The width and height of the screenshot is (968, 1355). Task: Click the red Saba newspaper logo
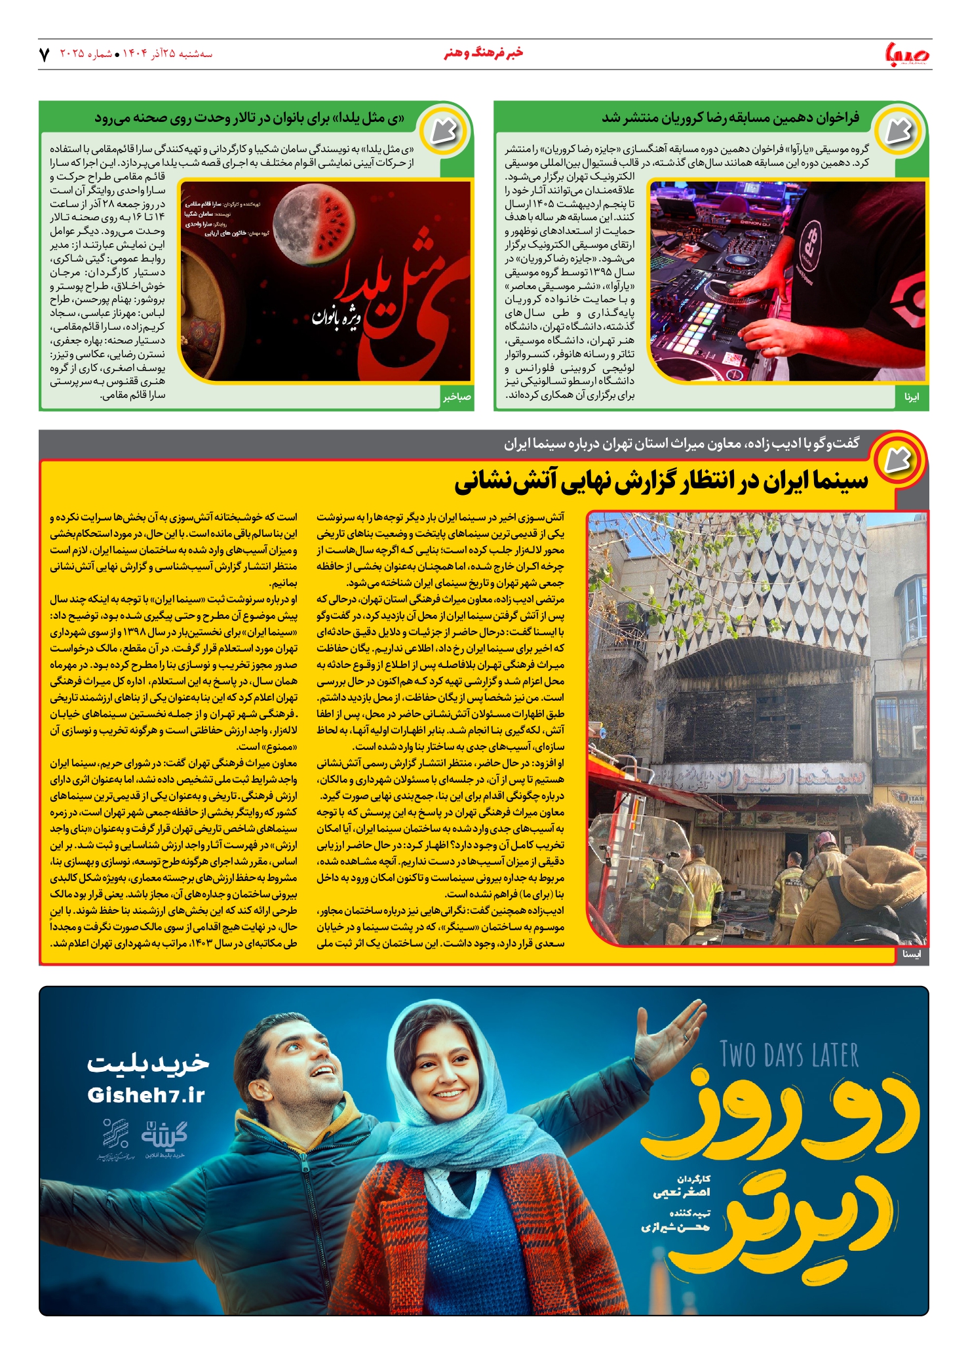pyautogui.click(x=907, y=53)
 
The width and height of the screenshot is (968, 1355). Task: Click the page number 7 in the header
pyautogui.click(x=45, y=54)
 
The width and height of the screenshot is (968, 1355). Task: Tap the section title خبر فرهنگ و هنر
pyautogui.click(x=483, y=52)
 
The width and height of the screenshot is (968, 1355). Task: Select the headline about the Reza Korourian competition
pyautogui.click(x=730, y=118)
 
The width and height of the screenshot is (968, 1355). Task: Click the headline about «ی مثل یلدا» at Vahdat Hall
pyautogui.click(x=250, y=119)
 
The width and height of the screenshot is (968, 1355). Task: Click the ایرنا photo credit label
pyautogui.click(x=911, y=397)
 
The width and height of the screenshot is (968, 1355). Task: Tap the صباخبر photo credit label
pyautogui.click(x=457, y=397)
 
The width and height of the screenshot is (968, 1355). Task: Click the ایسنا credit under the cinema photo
pyautogui.click(x=911, y=954)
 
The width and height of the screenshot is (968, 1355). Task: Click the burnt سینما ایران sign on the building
pyautogui.click(x=760, y=779)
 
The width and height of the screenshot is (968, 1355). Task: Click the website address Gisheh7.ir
pyautogui.click(x=146, y=1095)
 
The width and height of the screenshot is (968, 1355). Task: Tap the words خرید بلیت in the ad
pyautogui.click(x=148, y=1063)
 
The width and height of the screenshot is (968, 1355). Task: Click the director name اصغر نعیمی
pyautogui.click(x=681, y=1192)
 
